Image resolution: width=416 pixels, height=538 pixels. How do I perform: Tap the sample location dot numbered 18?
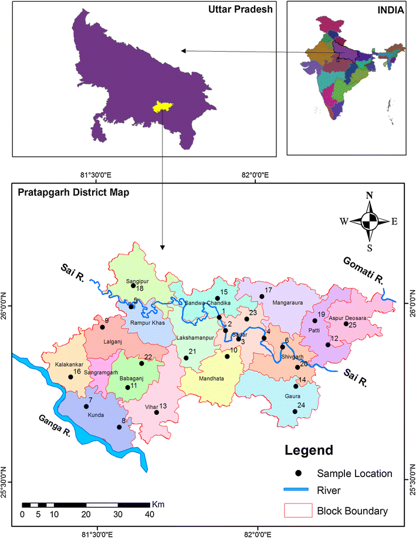click(133, 286)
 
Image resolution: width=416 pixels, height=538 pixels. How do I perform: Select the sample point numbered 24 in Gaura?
click(295, 411)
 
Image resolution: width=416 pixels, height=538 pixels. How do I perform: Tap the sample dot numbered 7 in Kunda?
click(86, 406)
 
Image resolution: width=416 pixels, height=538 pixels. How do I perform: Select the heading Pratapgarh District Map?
click(74, 192)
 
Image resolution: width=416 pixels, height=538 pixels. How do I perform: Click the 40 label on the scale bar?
click(149, 515)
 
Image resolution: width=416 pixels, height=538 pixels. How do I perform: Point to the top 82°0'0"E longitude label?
click(256, 175)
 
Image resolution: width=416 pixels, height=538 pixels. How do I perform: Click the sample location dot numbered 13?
click(157, 412)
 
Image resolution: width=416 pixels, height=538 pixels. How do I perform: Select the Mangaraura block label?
click(287, 304)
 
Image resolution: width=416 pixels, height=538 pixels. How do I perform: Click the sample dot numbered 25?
click(346, 324)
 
